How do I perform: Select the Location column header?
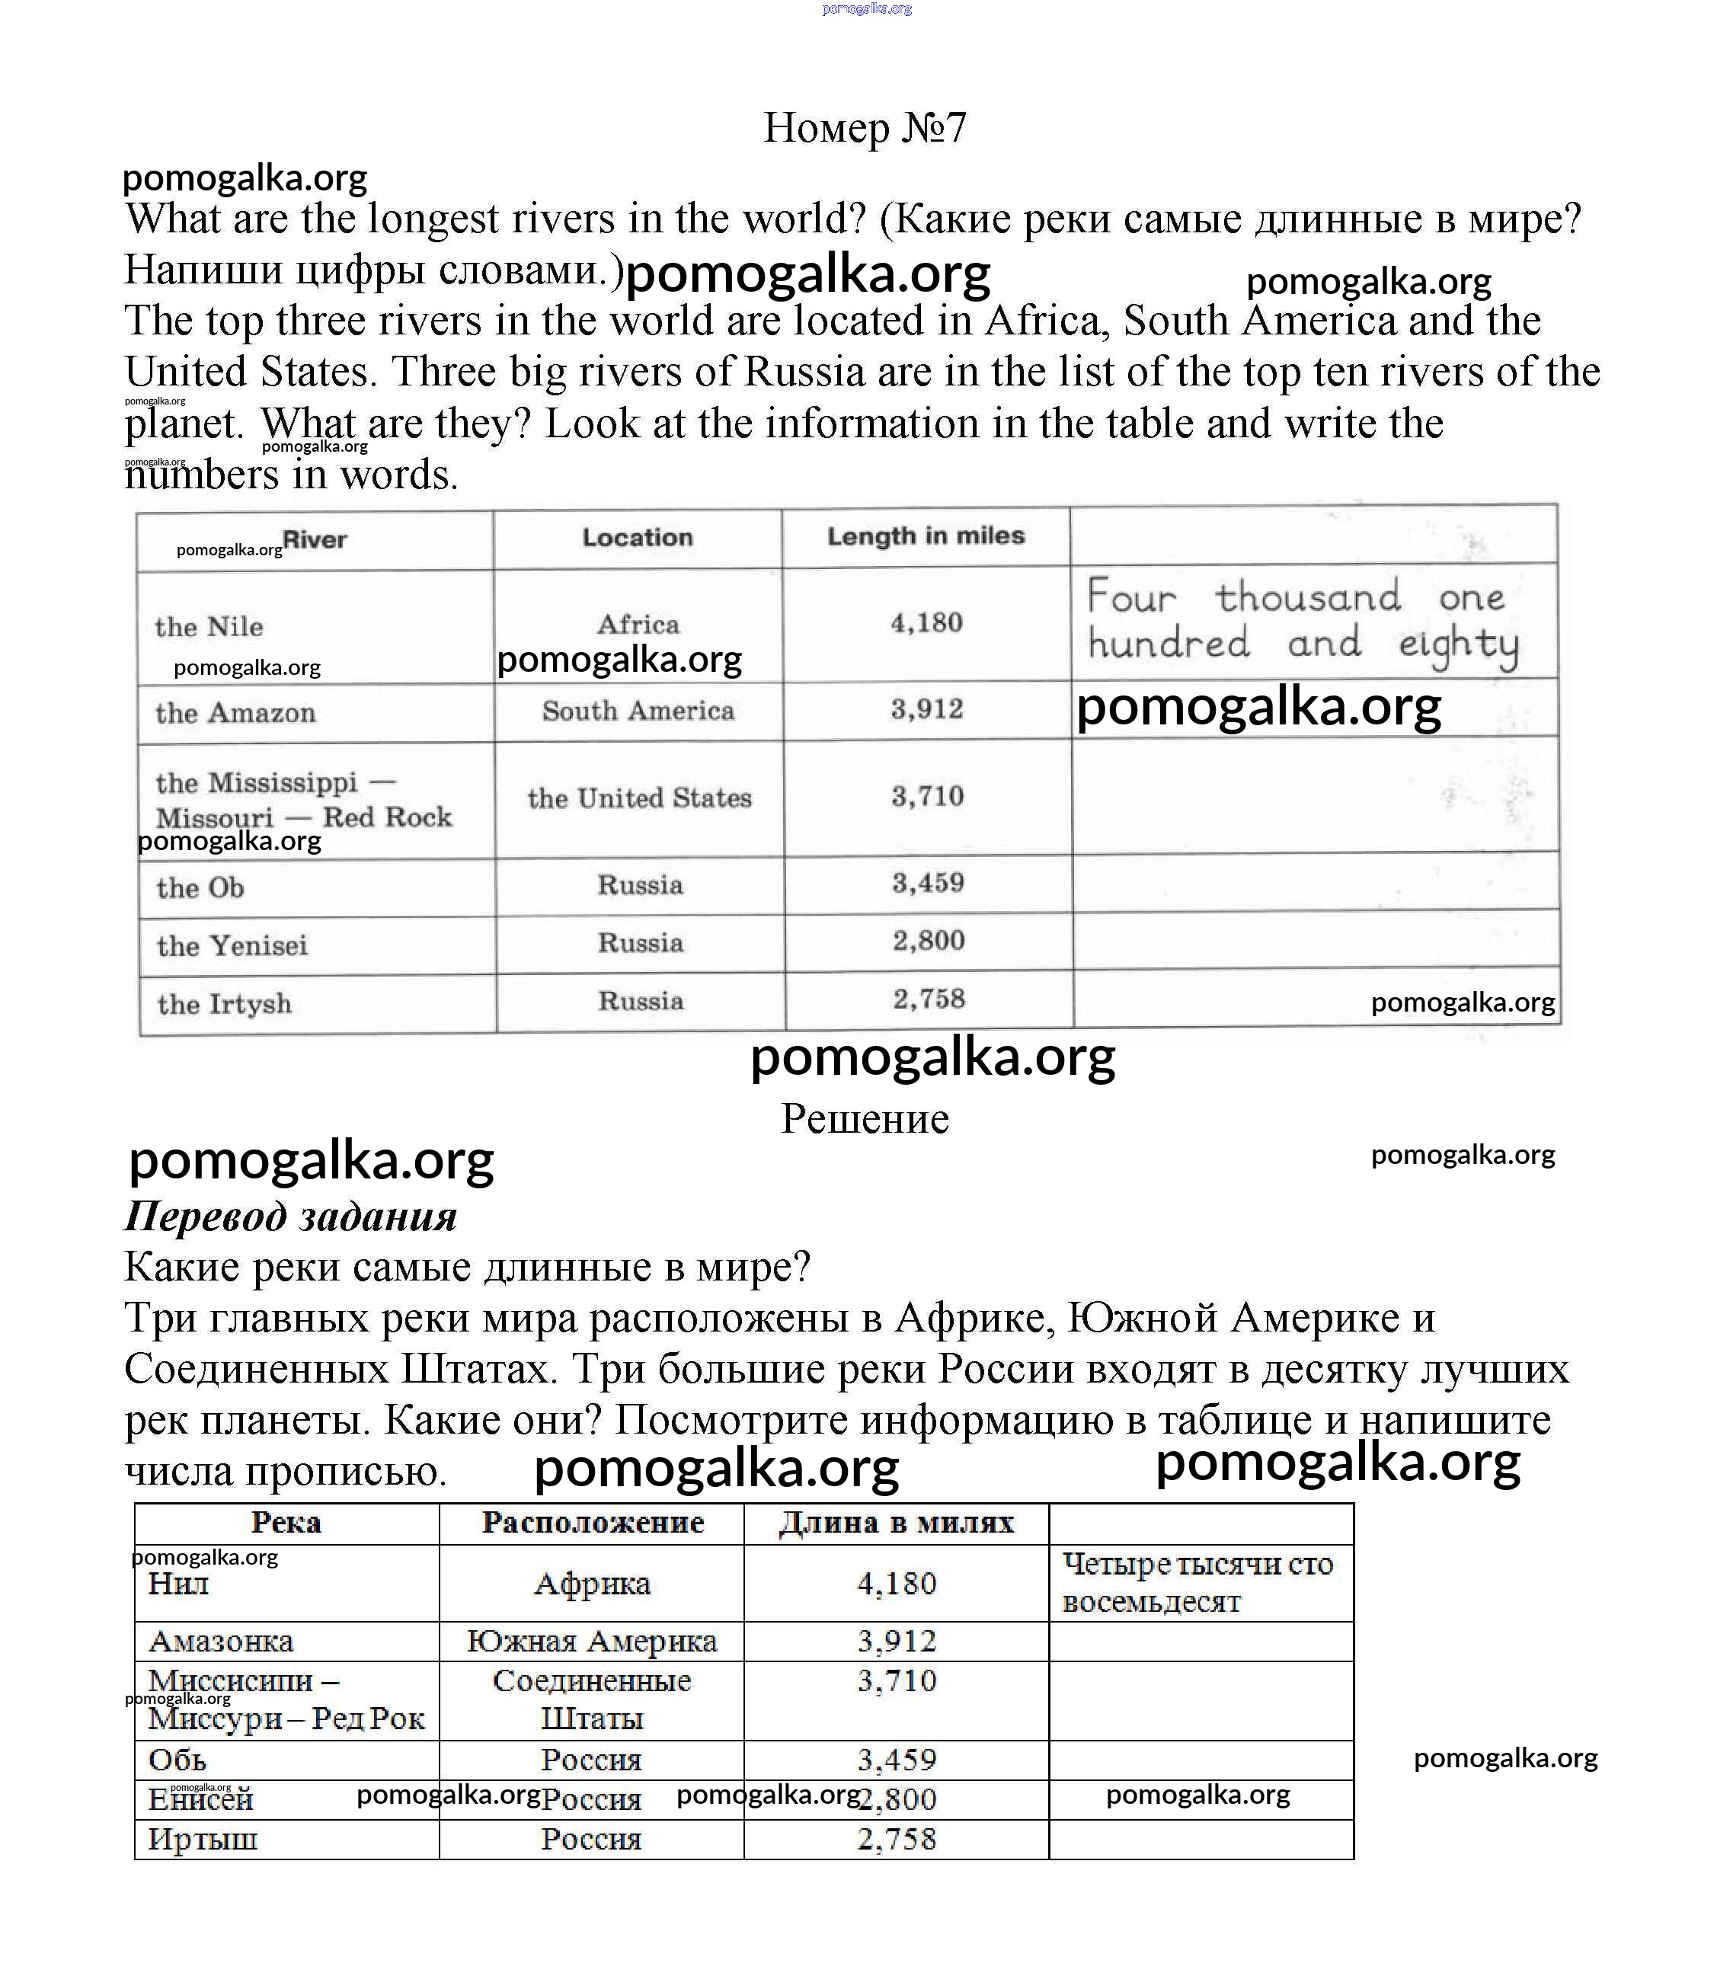637,538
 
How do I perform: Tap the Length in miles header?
925,536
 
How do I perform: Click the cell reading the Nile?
209,626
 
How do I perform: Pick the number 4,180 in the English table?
926,622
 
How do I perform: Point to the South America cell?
638,711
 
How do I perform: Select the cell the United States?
639,798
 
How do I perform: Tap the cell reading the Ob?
200,887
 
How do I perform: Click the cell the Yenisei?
232,945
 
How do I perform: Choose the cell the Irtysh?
224,1003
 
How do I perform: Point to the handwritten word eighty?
1459,644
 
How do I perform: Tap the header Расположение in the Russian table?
593,1523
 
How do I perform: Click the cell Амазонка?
220,1641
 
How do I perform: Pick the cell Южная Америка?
592,1641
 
